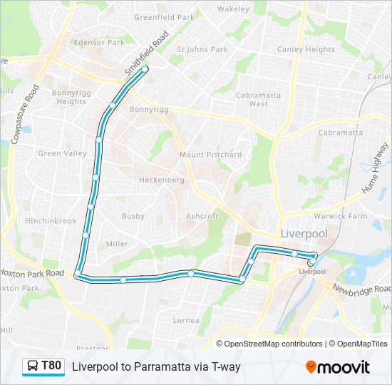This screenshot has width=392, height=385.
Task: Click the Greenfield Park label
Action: tap(164, 16)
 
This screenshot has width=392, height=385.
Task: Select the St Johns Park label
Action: tap(202, 50)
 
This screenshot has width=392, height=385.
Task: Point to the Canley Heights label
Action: tap(306, 50)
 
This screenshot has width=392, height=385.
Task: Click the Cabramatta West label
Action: tap(258, 99)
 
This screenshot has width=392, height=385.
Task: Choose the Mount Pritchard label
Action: tap(210, 155)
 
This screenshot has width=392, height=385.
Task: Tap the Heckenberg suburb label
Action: tap(162, 180)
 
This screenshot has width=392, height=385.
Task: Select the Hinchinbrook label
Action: tap(51, 221)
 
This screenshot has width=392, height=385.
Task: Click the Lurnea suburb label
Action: tap(187, 320)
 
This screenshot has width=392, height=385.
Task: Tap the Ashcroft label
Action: tap(202, 216)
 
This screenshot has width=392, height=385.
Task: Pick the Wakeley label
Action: tap(233, 9)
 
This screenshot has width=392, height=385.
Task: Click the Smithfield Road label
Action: tap(146, 53)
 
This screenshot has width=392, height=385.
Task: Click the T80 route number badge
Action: tap(51, 366)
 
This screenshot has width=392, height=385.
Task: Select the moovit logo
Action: tap(338, 367)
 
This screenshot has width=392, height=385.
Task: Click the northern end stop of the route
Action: tap(145, 69)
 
